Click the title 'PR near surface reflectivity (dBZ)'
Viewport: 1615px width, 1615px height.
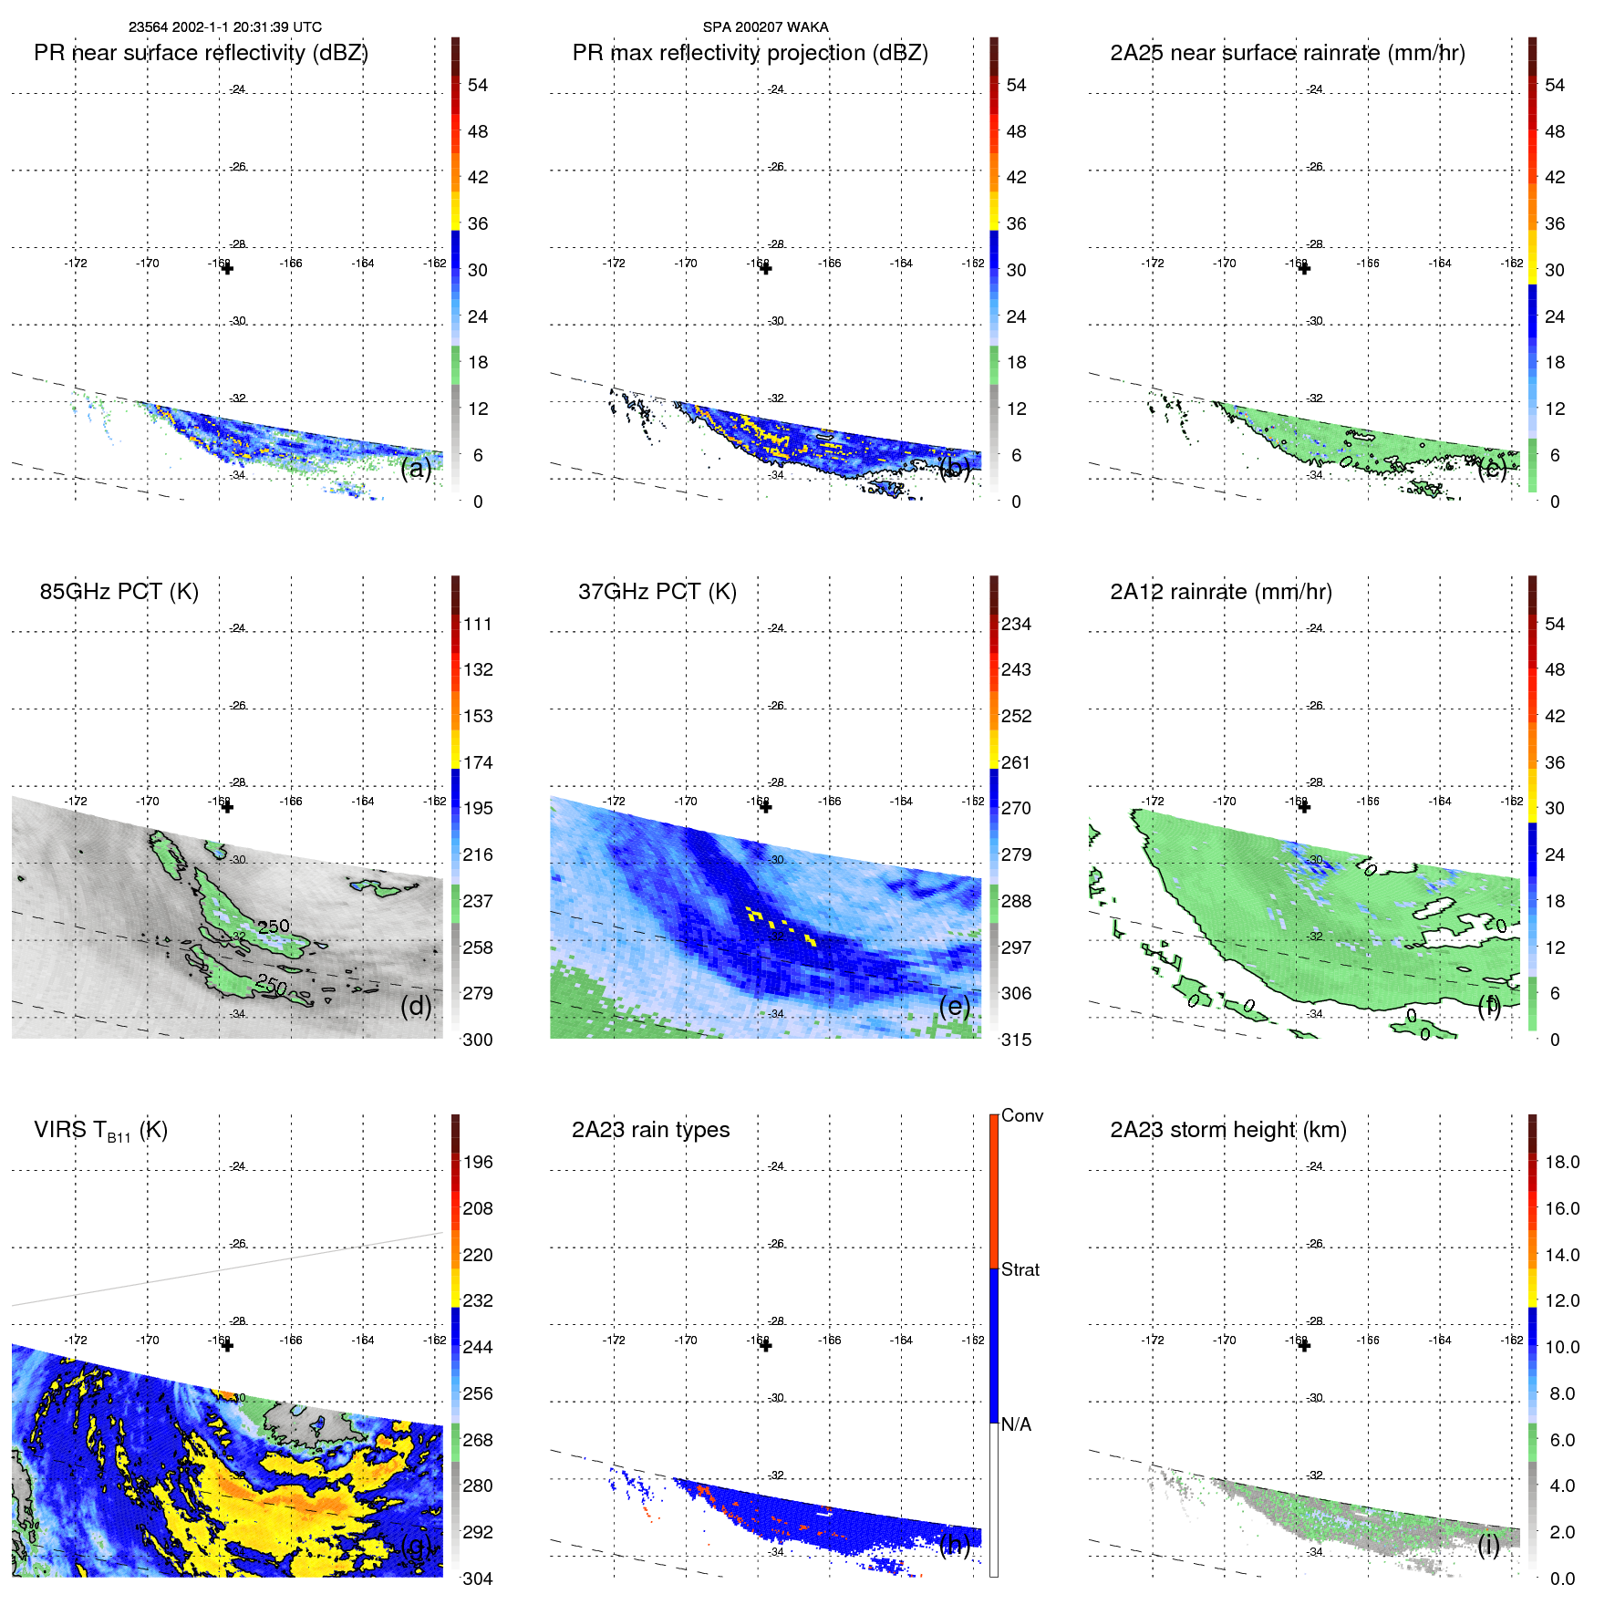pyautogui.click(x=201, y=53)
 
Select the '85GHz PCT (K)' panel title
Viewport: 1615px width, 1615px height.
pyautogui.click(x=119, y=591)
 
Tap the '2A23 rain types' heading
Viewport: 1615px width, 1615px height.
pyautogui.click(x=650, y=1130)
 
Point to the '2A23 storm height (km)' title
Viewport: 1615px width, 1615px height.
pyautogui.click(x=1227, y=1130)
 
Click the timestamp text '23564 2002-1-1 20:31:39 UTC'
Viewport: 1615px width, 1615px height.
pyautogui.click(x=224, y=27)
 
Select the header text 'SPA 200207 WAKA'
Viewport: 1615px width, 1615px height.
pyautogui.click(x=765, y=27)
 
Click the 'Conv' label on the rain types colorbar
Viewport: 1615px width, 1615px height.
pyautogui.click(x=1021, y=1115)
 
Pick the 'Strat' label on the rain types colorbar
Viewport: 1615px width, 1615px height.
pyautogui.click(x=1020, y=1269)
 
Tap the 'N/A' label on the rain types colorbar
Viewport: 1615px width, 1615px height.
pyautogui.click(x=1016, y=1424)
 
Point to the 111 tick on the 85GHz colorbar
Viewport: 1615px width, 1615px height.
pyautogui.click(x=477, y=624)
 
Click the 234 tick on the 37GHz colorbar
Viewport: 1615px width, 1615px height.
pyautogui.click(x=1016, y=624)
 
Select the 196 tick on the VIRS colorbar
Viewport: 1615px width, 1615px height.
pyautogui.click(x=477, y=1162)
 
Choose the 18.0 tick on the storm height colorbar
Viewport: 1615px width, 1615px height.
pyautogui.click(x=1561, y=1162)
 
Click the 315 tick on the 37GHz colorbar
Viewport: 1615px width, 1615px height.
pyautogui.click(x=1016, y=1040)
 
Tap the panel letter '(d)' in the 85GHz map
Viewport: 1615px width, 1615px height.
pyautogui.click(x=416, y=1006)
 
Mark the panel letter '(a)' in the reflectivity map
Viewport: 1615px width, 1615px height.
pyautogui.click(x=416, y=468)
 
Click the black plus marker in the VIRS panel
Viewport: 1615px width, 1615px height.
pyautogui.click(x=227, y=1345)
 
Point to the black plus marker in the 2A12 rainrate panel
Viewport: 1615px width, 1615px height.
pyautogui.click(x=1304, y=807)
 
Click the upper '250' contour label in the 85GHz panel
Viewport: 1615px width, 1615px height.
pyautogui.click(x=273, y=926)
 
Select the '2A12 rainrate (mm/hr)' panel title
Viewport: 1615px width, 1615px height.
pyautogui.click(x=1220, y=591)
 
